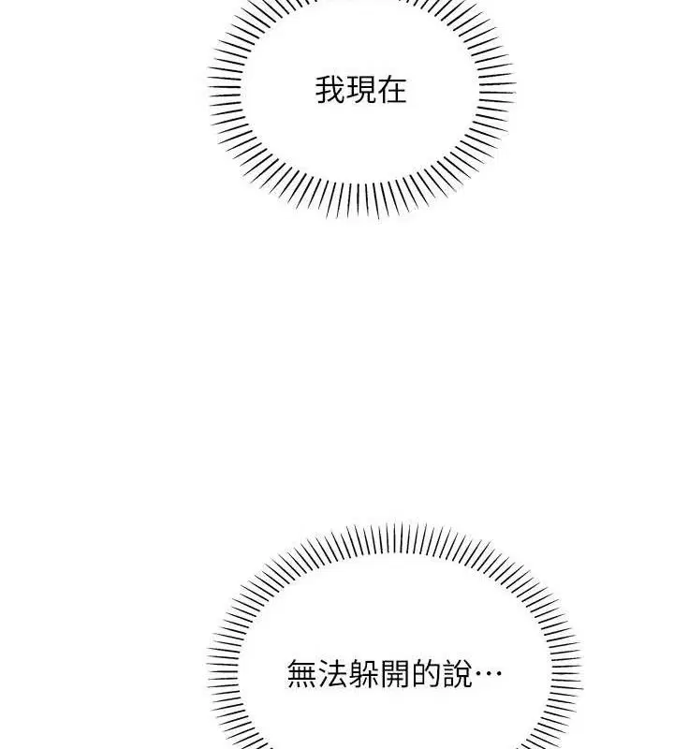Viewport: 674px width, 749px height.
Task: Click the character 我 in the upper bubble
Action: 330,91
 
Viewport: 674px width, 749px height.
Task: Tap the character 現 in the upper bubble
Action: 361,91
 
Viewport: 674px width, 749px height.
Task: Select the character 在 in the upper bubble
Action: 392,91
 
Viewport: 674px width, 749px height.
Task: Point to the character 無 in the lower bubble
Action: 301,674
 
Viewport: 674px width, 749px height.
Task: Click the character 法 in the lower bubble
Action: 332,674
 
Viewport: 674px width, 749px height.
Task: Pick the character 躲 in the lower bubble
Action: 363,674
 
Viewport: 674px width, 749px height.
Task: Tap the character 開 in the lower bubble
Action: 394,674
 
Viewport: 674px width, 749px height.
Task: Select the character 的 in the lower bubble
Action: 425,674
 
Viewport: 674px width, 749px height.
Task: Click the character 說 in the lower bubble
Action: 456,674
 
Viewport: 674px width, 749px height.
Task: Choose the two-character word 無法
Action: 317,674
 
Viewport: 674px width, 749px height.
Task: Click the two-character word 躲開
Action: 379,674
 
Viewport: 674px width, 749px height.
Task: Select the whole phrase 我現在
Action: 361,91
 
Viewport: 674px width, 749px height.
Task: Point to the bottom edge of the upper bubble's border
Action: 361,213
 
